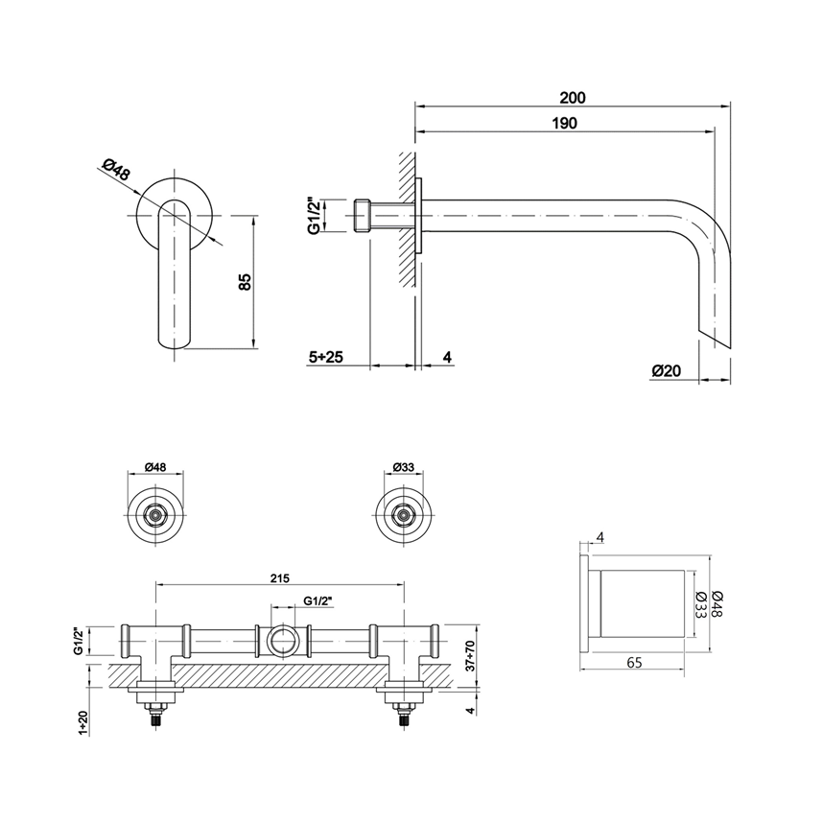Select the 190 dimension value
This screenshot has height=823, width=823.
pos(565,123)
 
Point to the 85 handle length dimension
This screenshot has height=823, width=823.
pos(244,282)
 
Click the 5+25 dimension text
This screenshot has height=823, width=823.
pos(326,357)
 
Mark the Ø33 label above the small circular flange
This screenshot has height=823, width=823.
pos(403,467)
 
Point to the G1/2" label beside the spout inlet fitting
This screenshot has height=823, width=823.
pos(313,216)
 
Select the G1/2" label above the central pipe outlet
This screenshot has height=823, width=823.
pos(317,600)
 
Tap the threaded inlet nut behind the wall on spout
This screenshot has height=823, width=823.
pos(364,216)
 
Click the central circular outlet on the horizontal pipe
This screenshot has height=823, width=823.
pos(282,639)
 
